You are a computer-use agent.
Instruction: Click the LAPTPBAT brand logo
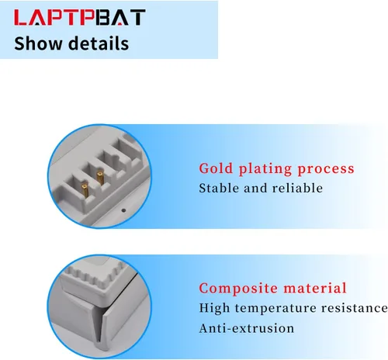pos(80,17)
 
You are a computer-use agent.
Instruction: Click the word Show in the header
pos(38,43)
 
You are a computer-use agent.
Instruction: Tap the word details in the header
pos(99,43)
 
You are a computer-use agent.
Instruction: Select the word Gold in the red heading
pos(216,168)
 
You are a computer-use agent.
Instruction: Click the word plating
pos(265,169)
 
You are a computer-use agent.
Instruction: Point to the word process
pos(326,169)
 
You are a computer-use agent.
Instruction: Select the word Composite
pos(238,289)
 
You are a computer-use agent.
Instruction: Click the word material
pos(315,288)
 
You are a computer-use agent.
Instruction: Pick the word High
pos(214,308)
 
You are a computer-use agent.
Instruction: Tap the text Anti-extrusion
pos(247,328)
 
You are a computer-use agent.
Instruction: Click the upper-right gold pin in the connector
pos(100,178)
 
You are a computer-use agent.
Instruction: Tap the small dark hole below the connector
pos(123,210)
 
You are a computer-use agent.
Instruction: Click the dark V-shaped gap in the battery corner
pos(99,324)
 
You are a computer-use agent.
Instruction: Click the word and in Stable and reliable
pos(255,188)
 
